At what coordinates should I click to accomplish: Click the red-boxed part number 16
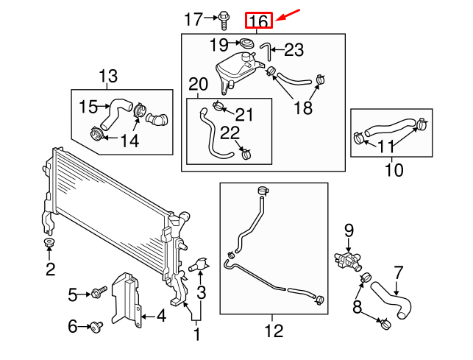(258, 20)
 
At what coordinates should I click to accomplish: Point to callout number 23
(293, 50)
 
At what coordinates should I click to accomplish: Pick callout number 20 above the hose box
(199, 84)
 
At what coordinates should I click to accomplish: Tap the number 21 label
(243, 114)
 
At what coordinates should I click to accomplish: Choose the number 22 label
(230, 133)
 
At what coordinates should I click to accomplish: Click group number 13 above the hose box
(108, 75)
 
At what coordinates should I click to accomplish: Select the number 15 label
(88, 107)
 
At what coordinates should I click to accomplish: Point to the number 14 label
(129, 140)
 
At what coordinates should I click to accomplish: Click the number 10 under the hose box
(394, 171)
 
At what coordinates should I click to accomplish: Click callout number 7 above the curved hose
(399, 272)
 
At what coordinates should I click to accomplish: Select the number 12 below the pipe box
(273, 332)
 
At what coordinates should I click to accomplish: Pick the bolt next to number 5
(97, 294)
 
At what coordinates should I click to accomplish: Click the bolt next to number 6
(96, 325)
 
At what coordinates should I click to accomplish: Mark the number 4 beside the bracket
(160, 317)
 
